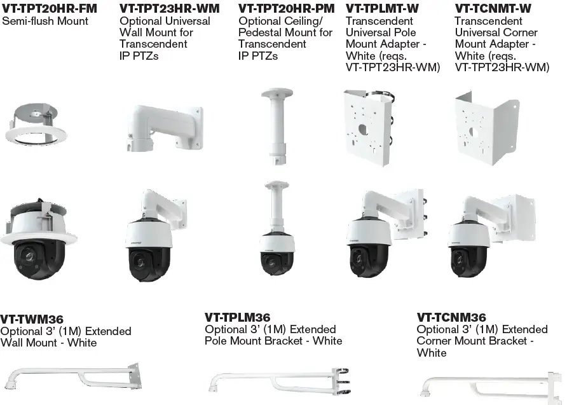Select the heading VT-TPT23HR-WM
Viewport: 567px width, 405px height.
point(169,9)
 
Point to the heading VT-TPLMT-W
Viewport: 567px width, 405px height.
point(382,9)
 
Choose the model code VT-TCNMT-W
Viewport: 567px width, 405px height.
point(493,9)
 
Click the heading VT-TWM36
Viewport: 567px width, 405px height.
point(32,319)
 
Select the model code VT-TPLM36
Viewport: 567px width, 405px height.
point(237,317)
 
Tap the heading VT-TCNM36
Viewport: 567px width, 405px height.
point(451,317)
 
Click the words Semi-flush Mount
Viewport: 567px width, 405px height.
point(44,21)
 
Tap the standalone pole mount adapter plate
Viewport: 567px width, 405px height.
point(368,125)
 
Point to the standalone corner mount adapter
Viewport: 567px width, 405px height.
point(486,125)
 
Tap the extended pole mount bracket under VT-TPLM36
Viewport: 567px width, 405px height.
point(280,380)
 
